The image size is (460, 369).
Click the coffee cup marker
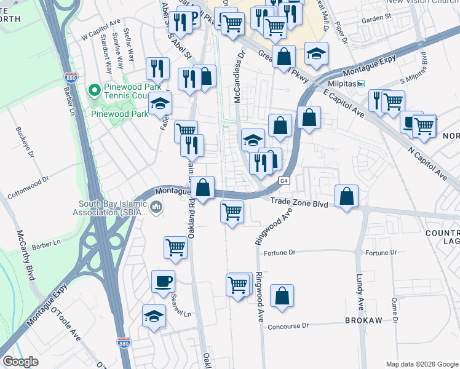tap(164, 282)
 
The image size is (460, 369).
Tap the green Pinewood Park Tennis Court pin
tap(94, 91)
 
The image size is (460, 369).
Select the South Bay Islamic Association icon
tap(156, 208)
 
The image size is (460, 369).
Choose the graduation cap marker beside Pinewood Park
tap(160, 104)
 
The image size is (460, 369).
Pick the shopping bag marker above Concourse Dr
tap(282, 296)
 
